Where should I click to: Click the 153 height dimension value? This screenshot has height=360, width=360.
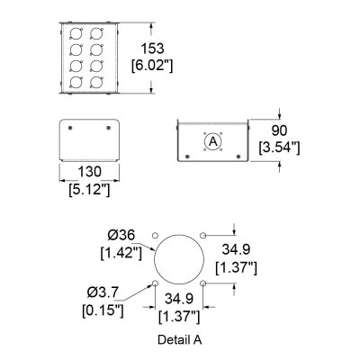(153, 49)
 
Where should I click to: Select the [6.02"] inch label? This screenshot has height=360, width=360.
(152, 66)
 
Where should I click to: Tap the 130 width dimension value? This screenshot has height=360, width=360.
(89, 172)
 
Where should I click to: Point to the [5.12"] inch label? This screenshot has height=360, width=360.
(89, 189)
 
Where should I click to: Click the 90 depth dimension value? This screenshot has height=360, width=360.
(279, 130)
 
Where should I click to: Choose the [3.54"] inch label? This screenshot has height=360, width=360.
(280, 148)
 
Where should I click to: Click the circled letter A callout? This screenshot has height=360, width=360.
(213, 141)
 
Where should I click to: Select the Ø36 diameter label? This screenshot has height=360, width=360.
(121, 236)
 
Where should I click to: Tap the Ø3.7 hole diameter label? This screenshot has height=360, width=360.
(103, 292)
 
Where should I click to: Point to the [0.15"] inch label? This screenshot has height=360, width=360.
(103, 310)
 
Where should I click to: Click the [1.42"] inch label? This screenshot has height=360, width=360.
(121, 253)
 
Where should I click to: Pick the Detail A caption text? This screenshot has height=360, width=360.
(180, 339)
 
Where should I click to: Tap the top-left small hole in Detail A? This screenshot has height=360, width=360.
(155, 235)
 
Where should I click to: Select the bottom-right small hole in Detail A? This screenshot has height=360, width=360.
(202, 283)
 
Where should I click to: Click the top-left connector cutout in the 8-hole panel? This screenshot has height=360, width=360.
(76, 33)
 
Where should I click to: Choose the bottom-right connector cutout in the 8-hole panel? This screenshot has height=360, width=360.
(96, 82)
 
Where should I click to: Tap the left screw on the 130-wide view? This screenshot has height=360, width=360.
(70, 128)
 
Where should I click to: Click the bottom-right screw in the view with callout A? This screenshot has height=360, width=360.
(238, 157)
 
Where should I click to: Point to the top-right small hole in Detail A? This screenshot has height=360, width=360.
(202, 235)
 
